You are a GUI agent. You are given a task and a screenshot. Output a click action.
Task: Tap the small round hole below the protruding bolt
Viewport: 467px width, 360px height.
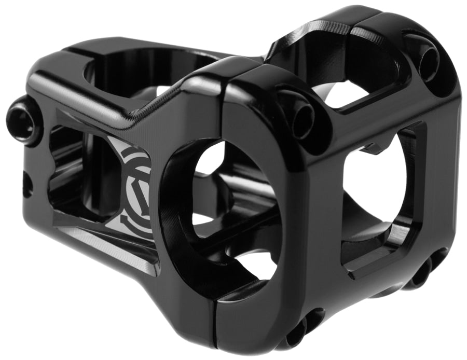pos(26,184)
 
